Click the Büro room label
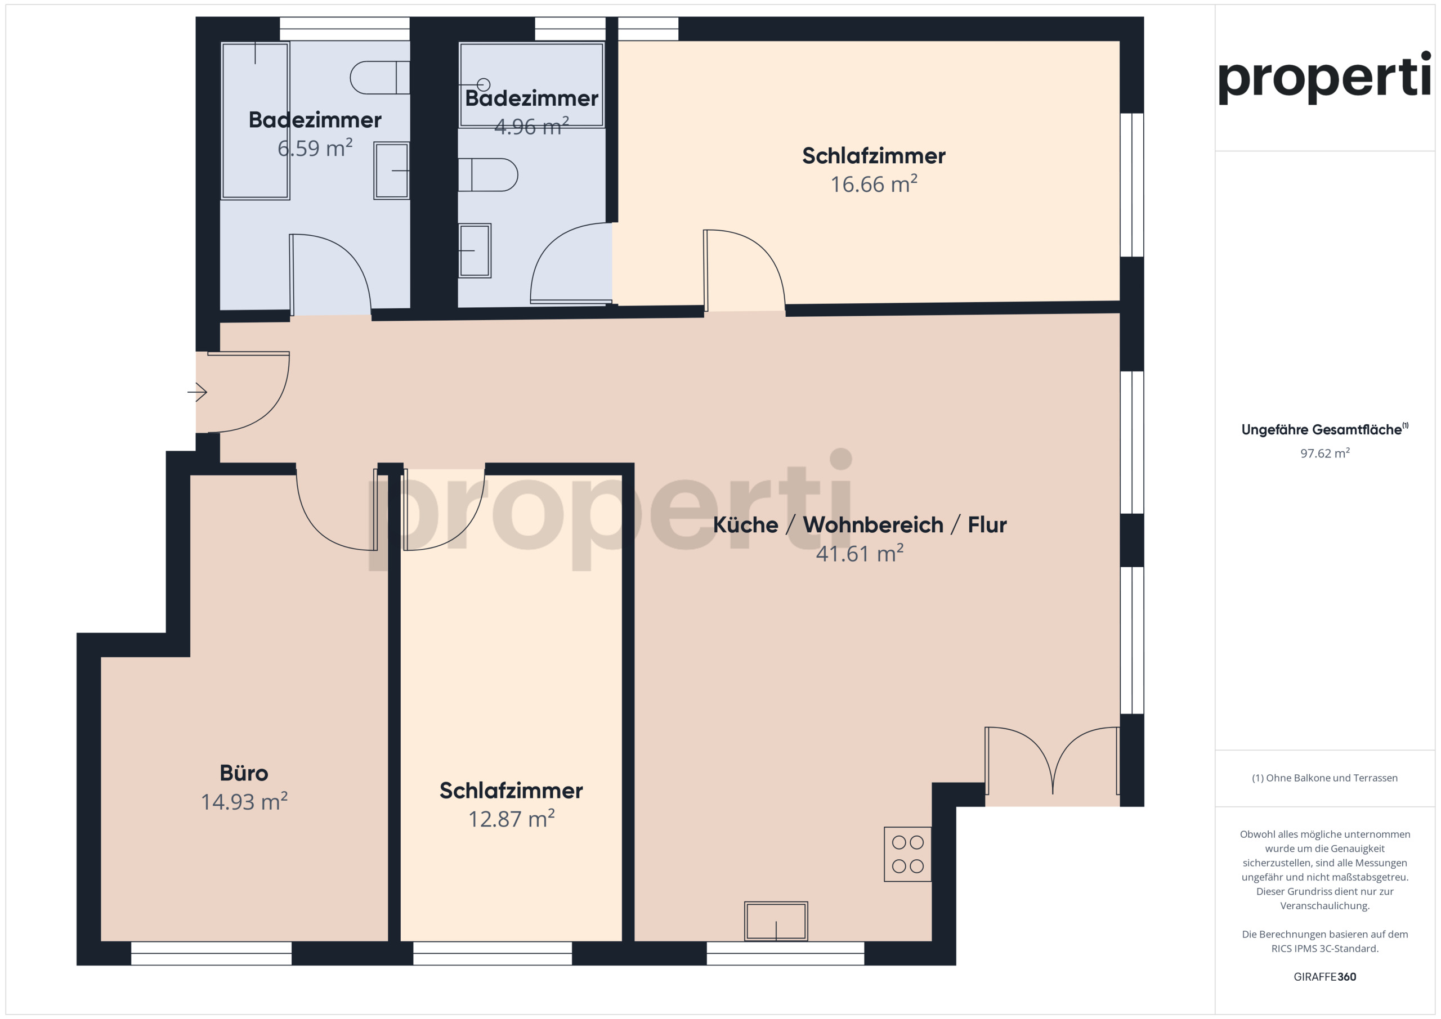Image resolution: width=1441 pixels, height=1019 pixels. tap(244, 773)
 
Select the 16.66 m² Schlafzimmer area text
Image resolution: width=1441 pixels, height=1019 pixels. tap(874, 184)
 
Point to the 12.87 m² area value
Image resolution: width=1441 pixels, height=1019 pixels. tap(512, 819)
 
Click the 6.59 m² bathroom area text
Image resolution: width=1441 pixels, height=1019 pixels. tap(315, 148)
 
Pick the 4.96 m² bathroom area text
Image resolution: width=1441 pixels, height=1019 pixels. tap(531, 126)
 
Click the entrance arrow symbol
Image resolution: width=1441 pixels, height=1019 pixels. tap(197, 392)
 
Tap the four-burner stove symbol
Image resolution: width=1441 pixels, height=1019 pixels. tap(907, 854)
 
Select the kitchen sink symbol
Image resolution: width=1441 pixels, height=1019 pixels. tap(776, 921)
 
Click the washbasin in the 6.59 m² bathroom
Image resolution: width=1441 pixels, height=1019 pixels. tap(392, 170)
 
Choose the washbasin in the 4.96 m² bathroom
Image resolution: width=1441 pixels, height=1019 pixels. tap(475, 250)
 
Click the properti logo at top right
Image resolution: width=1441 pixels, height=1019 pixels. tap(1324, 78)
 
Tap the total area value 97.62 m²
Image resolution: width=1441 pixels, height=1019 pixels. tap(1325, 453)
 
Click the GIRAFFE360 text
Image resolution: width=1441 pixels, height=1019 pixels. tap(1325, 976)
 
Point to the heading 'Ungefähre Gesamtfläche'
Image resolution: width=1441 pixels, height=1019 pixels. tap(1321, 430)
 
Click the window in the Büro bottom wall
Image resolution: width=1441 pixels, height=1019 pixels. tap(212, 953)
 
